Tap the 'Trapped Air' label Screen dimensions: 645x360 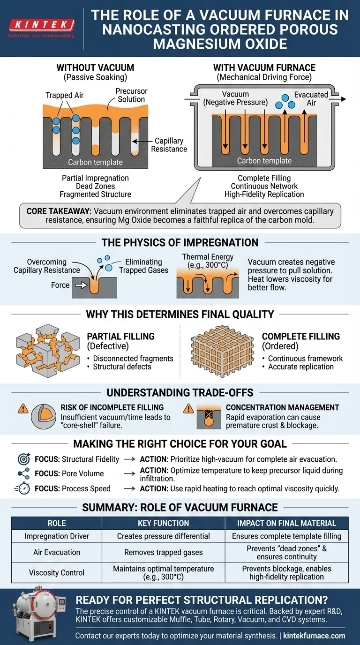[x=65, y=95]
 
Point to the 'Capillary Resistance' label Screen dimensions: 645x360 [x=169, y=145]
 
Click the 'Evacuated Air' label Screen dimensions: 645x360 [x=311, y=99]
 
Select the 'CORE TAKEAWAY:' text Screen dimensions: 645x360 [x=56, y=211]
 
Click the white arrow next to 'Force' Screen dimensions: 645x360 [x=80, y=285]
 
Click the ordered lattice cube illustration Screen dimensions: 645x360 [x=219, y=351]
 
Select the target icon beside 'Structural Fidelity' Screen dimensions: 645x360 [x=23, y=459]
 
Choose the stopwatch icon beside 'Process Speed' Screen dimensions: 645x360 [x=23, y=488]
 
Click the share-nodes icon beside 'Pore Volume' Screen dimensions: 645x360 [x=23, y=473]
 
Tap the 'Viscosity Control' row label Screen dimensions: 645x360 [x=57, y=572]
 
